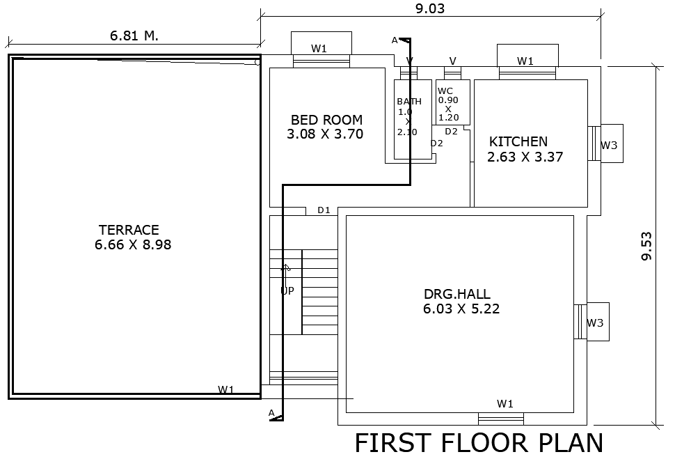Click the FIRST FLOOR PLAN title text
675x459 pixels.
tap(479, 444)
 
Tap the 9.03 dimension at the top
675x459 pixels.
tap(429, 9)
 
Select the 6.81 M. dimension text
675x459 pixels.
tap(134, 36)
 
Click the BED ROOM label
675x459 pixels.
tap(326, 120)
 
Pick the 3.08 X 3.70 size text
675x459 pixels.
tap(325, 134)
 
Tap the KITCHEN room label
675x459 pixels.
tap(518, 142)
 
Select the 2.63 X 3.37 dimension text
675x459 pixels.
tap(525, 157)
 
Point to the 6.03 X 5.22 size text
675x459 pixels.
tap(461, 309)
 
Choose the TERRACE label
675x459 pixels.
tap(129, 230)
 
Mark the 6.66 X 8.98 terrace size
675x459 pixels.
tap(133, 244)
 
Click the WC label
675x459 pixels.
tap(445, 91)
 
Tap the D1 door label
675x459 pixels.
tap(324, 210)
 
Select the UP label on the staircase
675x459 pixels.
tap(287, 291)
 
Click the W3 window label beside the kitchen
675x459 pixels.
tap(609, 146)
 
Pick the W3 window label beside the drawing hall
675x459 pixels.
tap(595, 323)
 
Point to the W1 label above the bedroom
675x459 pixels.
tap(319, 49)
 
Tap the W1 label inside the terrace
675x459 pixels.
tap(225, 390)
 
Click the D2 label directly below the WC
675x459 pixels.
tap(451, 132)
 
